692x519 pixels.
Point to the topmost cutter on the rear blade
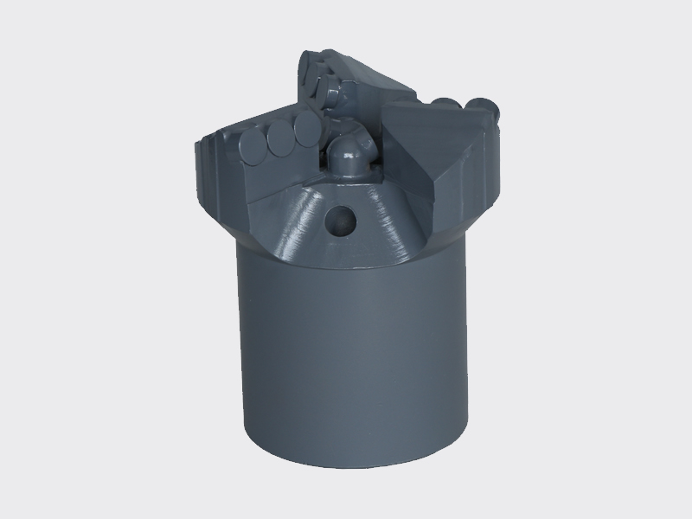310,63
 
